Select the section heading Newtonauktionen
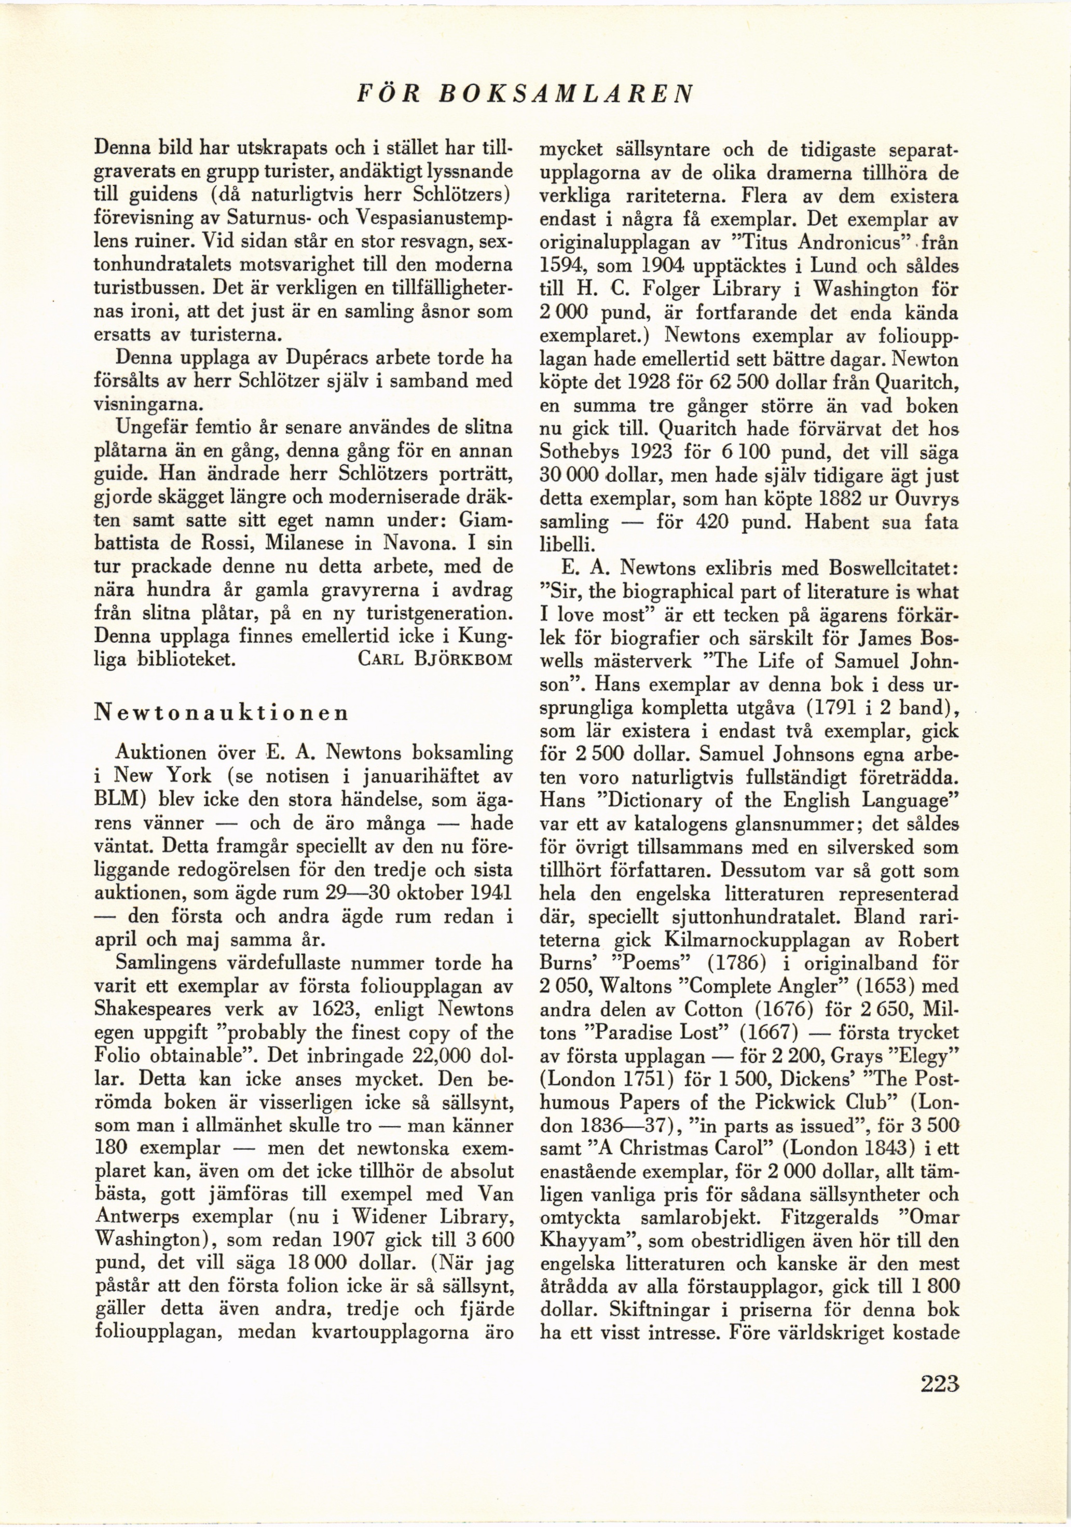(222, 712)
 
